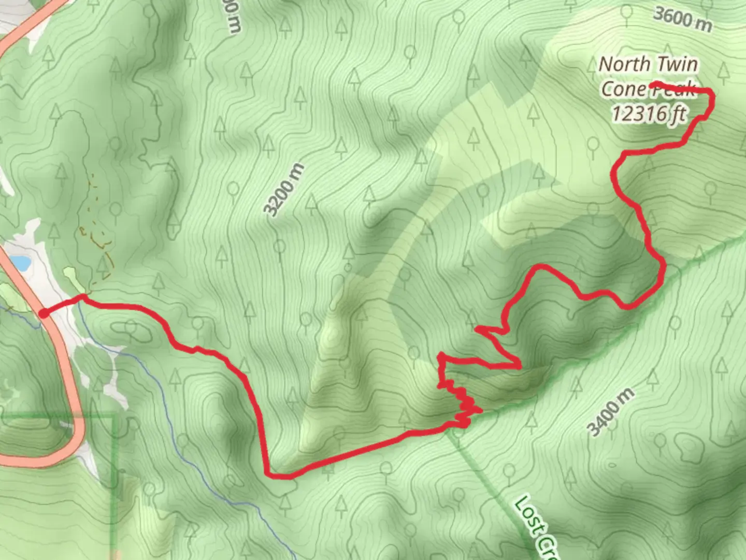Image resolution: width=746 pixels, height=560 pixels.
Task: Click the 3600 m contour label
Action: pos(682,19)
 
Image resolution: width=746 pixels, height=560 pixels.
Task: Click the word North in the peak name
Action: pos(621,64)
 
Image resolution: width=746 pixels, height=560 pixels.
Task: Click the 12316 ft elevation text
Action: pos(649,113)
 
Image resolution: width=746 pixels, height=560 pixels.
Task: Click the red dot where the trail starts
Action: pos(44,313)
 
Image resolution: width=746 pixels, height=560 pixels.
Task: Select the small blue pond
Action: pos(21,263)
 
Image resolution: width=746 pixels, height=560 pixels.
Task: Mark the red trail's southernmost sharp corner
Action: pos(267,473)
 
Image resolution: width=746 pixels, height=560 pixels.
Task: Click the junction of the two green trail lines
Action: pos(451,429)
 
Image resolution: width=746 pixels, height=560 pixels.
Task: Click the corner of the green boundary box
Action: pos(114,416)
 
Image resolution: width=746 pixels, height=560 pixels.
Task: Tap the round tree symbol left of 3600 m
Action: pos(627,11)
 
